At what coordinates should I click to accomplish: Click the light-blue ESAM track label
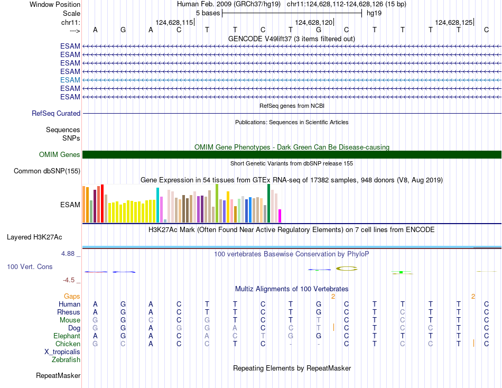click(70, 80)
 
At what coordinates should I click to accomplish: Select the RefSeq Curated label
click(56, 113)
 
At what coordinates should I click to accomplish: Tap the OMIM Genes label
click(60, 154)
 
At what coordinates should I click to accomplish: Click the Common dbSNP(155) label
click(47, 171)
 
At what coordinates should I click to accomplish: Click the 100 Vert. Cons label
click(30, 266)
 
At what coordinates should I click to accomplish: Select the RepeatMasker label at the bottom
click(58, 376)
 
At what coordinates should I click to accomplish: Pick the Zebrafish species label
click(66, 359)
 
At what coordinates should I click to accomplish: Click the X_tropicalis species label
click(62, 352)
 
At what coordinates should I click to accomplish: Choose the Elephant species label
click(67, 336)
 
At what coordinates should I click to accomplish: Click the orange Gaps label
click(72, 296)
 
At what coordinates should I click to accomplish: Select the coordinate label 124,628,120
click(313, 22)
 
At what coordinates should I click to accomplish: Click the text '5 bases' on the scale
click(208, 13)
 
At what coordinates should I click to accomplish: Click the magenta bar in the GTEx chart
click(280, 216)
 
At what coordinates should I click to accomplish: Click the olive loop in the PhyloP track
click(347, 269)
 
